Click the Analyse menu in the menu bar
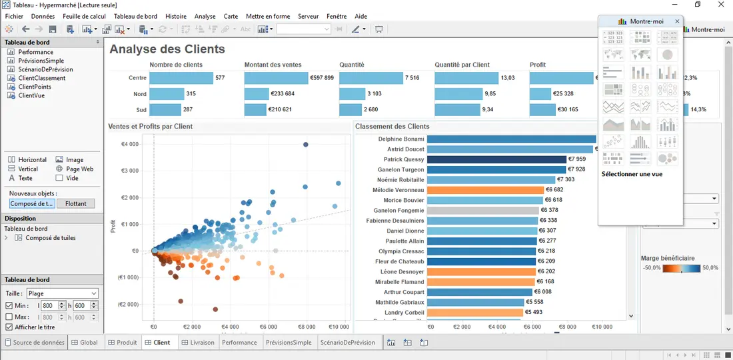(x=205, y=16)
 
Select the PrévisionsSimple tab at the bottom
(x=288, y=343)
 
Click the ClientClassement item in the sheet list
(x=41, y=78)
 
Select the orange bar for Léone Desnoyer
(x=480, y=272)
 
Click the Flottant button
(x=76, y=204)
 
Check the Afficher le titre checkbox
(x=9, y=327)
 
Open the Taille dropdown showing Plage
(x=61, y=293)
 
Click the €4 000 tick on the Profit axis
(x=129, y=144)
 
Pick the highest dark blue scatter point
(x=306, y=145)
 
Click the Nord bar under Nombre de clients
(x=166, y=94)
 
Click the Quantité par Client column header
(x=462, y=65)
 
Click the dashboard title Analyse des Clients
(x=167, y=49)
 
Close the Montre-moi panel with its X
(x=678, y=21)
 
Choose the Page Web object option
(x=79, y=169)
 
